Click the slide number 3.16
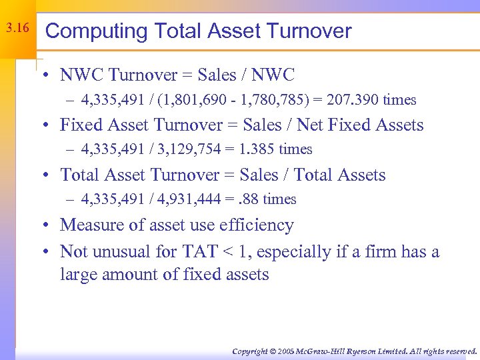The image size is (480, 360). [17, 29]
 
